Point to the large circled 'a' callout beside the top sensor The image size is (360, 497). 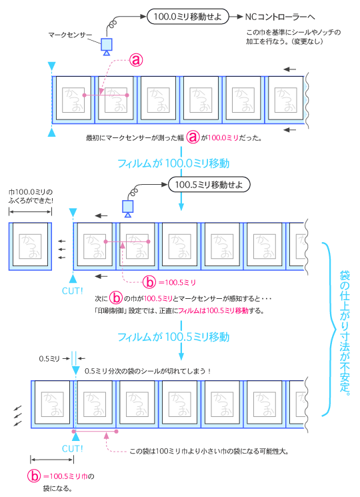pyautogui.click(x=135, y=60)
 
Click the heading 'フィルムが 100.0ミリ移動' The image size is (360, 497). pyautogui.click(x=174, y=162)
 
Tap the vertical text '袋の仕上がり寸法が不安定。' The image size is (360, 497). pyautogui.click(x=345, y=330)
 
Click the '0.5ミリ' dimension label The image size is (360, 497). pyautogui.click(x=50, y=359)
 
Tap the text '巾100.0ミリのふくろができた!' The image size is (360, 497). pyautogui.click(x=30, y=195)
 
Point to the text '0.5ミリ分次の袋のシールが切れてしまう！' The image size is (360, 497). pyautogui.click(x=148, y=371)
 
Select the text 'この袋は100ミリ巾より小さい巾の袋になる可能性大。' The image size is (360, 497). pyautogui.click(x=209, y=451)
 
